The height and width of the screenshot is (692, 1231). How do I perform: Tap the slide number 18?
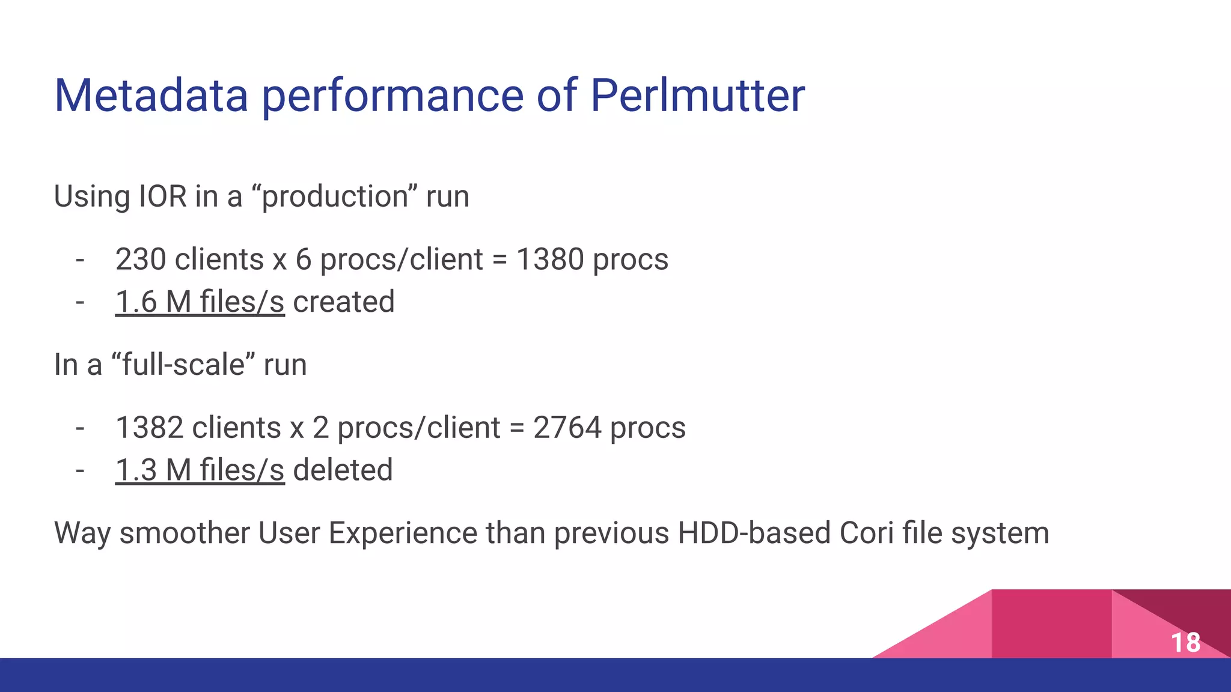tap(1185, 643)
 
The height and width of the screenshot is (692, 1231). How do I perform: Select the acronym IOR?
tap(163, 196)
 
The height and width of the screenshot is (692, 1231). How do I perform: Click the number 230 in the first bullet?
tap(140, 259)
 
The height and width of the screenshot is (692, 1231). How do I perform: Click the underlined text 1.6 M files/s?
tap(200, 302)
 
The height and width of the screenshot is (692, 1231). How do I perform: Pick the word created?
tap(344, 302)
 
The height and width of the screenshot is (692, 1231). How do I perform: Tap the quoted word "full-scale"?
tap(183, 365)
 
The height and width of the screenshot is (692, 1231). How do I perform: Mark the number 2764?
tap(567, 428)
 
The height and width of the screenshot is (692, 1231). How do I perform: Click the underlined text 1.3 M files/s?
tap(200, 470)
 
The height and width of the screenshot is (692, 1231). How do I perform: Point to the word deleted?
tap(343, 470)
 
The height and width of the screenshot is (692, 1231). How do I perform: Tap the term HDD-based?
tap(754, 533)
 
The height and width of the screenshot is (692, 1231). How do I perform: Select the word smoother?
tap(185, 533)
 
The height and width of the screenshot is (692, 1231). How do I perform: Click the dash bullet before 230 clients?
tap(80, 260)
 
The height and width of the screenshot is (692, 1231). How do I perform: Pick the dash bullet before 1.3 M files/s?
tap(80, 470)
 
